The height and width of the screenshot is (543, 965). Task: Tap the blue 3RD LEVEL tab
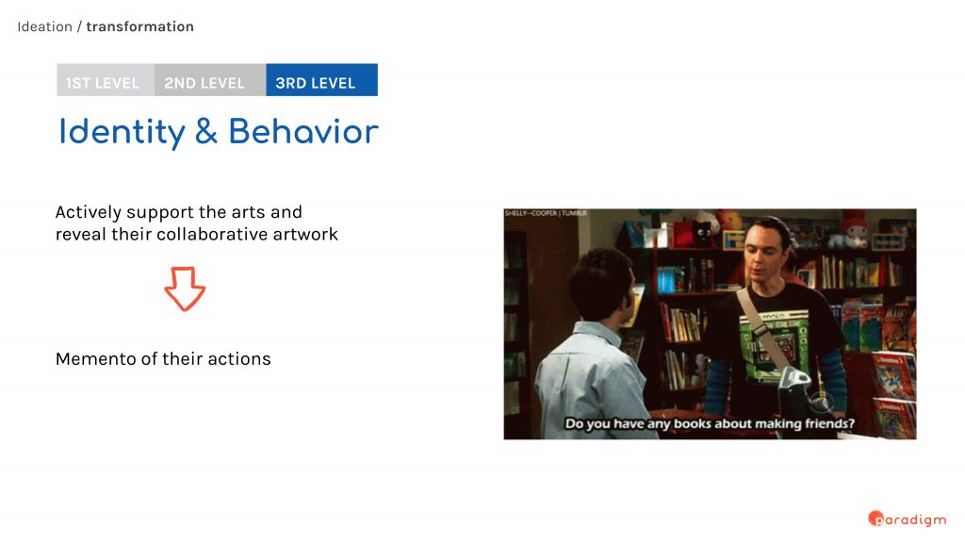click(x=322, y=80)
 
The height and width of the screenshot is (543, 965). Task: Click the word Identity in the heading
click(x=122, y=132)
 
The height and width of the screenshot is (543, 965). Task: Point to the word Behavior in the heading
click(x=303, y=131)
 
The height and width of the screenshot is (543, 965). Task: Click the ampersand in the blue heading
click(x=206, y=132)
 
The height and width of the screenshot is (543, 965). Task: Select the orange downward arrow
click(x=185, y=288)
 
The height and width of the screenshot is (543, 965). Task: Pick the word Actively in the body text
click(x=88, y=213)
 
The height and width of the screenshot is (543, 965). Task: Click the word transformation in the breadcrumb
click(x=139, y=26)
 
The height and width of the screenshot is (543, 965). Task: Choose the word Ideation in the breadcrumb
click(x=45, y=26)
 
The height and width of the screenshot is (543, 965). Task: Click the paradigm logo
click(x=908, y=519)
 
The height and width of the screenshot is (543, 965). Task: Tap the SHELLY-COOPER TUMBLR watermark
click(x=546, y=213)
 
